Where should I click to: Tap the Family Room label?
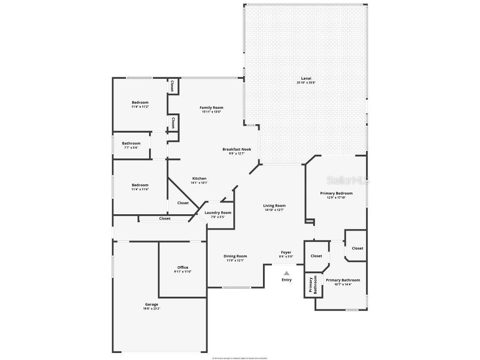point(211,107)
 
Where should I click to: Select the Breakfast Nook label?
point(237,149)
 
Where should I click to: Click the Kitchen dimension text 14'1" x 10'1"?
point(199,183)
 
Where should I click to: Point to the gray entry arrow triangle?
point(286,273)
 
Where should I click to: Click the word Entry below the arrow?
point(286,280)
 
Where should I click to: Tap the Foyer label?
point(286,252)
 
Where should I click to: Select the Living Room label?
point(274,206)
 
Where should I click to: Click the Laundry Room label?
point(218,213)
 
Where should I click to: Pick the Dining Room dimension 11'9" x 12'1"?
point(235,260)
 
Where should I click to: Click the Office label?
point(182,268)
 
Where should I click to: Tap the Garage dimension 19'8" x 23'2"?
point(151,308)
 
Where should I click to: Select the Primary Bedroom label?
point(336,193)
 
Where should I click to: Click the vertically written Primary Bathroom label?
point(311,285)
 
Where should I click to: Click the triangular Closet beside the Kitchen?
point(183,203)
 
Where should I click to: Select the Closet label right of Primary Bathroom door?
point(357,248)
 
